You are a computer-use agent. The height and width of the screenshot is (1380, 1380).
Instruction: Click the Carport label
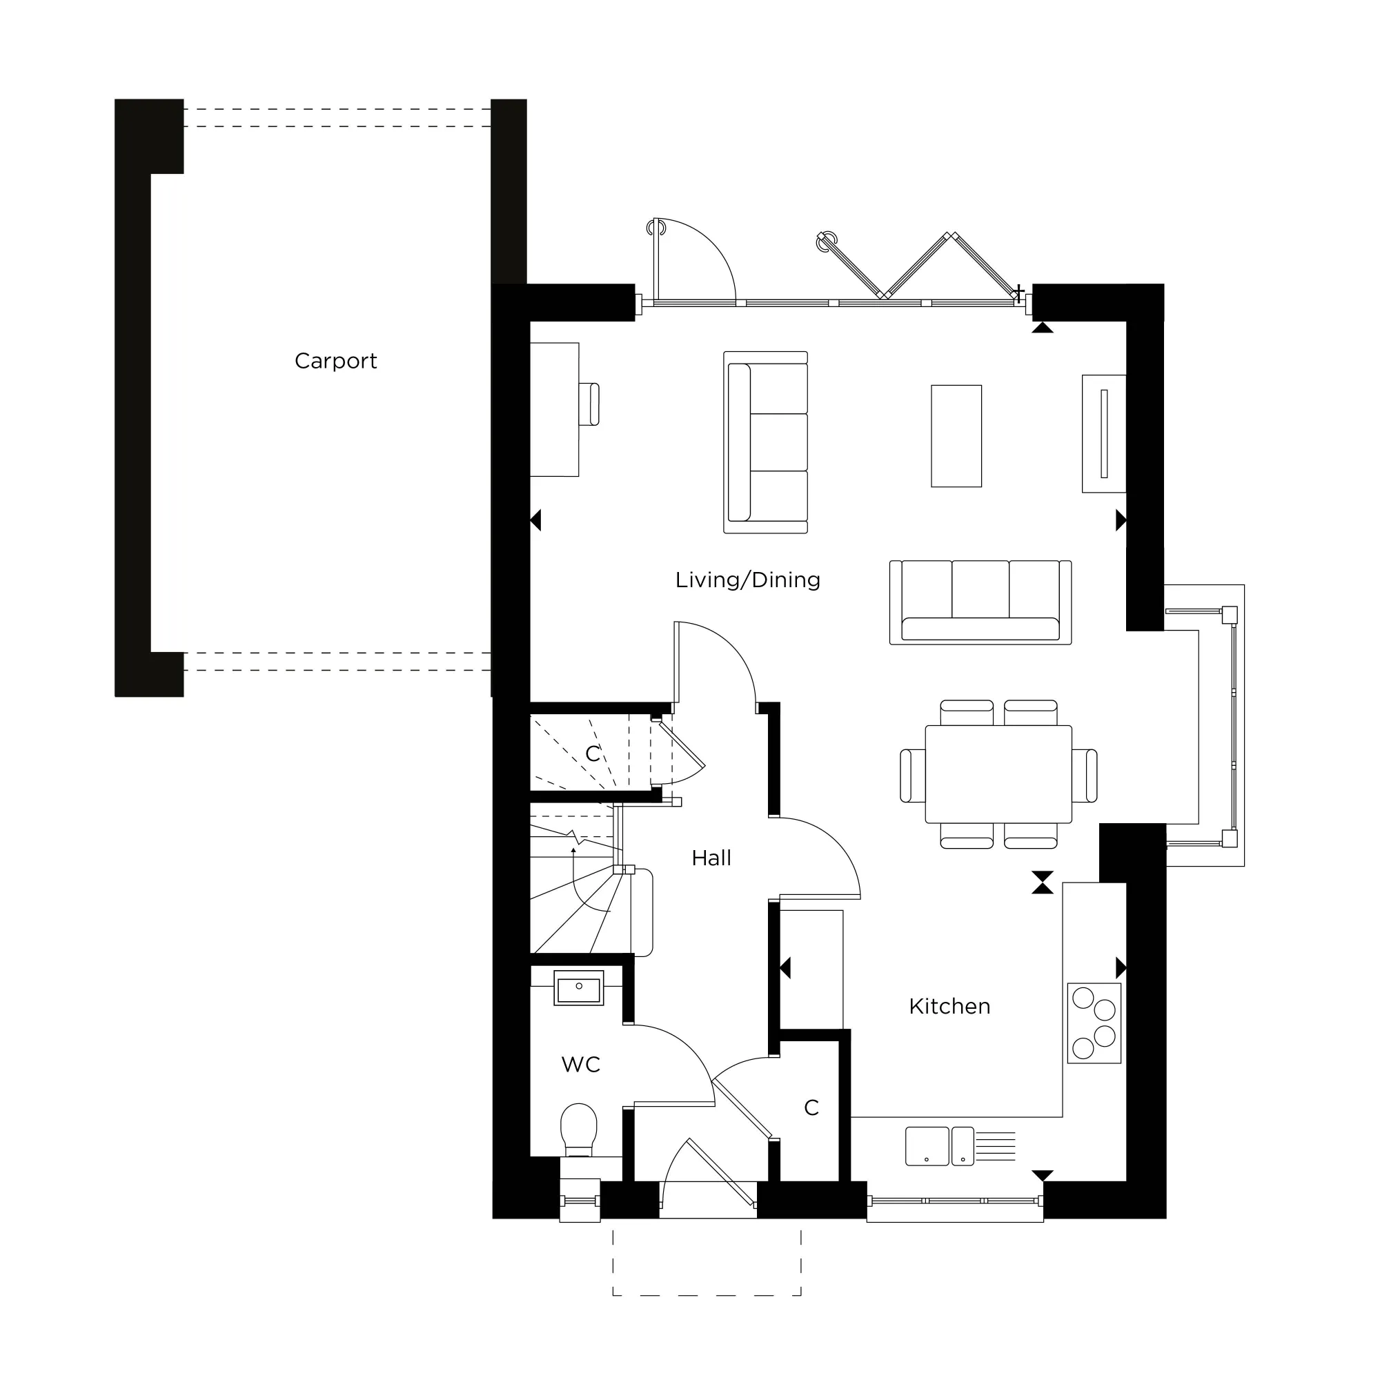click(335, 361)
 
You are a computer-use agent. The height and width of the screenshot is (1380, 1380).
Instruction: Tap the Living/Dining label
click(747, 580)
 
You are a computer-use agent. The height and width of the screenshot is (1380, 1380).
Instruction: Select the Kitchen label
click(949, 1007)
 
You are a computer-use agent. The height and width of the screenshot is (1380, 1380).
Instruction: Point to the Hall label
click(711, 858)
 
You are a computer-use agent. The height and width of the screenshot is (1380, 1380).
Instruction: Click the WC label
click(580, 1064)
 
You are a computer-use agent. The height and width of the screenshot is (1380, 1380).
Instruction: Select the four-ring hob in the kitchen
click(1094, 1023)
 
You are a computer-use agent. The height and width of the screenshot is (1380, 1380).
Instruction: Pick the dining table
click(998, 774)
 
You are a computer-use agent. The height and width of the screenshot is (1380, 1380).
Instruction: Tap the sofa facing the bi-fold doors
click(765, 442)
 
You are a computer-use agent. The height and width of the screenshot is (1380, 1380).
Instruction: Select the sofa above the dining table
click(980, 602)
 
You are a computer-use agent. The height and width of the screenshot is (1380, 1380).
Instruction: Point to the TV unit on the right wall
click(1103, 433)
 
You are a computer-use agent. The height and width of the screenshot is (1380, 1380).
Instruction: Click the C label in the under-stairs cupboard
click(592, 753)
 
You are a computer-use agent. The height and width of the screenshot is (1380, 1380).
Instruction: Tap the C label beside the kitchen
click(811, 1108)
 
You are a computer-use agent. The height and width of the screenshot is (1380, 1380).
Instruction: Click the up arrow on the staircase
click(573, 851)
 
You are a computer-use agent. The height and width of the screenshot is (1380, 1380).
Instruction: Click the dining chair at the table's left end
click(912, 775)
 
